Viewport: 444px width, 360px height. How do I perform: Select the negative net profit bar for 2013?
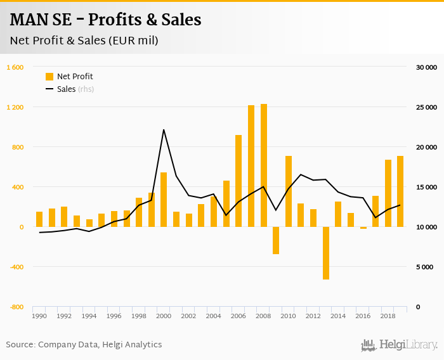326,253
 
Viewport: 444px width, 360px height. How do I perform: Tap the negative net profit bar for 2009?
276,240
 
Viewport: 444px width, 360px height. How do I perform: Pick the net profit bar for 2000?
164,200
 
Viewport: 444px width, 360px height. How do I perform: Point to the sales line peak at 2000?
164,130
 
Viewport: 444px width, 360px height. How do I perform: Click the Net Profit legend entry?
69,77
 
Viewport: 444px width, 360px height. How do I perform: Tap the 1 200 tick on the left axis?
15,107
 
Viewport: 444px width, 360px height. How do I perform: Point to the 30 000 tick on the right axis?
426,67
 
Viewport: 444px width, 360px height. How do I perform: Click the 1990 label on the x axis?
39,316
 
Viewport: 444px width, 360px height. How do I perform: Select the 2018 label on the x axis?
388,316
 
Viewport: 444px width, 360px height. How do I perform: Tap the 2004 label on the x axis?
213,316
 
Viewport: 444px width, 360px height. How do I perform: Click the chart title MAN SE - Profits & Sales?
105,20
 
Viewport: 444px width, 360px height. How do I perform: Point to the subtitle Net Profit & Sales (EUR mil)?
84,41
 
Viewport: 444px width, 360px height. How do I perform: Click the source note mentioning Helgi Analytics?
84,345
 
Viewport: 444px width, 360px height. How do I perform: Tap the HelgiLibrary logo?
400,345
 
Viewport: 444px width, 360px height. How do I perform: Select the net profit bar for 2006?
238,181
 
